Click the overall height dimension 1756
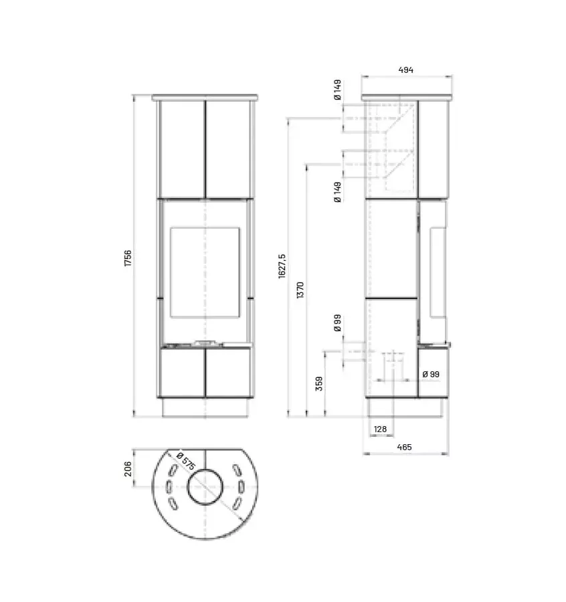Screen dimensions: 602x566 (x=127, y=258)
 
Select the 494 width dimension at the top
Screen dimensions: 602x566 (x=406, y=70)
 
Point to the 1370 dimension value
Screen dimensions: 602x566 (x=300, y=290)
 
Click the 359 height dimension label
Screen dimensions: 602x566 (x=319, y=383)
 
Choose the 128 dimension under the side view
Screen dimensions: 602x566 (x=380, y=428)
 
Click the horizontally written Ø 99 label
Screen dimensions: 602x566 (x=430, y=375)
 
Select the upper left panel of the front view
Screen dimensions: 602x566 (x=181, y=148)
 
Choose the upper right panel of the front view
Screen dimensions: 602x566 (x=228, y=148)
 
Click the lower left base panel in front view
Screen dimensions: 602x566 (x=181, y=373)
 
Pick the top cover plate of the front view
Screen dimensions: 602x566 (x=205, y=98)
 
